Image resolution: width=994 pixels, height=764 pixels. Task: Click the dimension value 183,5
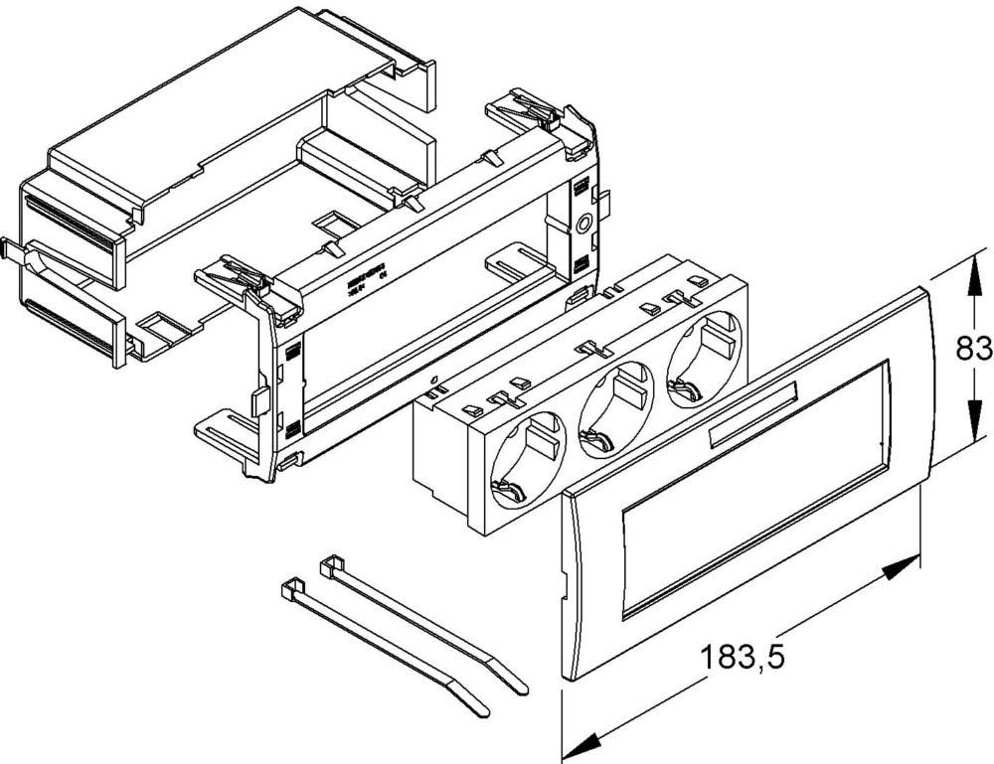740,658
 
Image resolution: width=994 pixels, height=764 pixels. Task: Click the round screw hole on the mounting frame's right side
582,225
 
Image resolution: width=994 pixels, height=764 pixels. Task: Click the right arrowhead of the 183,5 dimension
901,568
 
